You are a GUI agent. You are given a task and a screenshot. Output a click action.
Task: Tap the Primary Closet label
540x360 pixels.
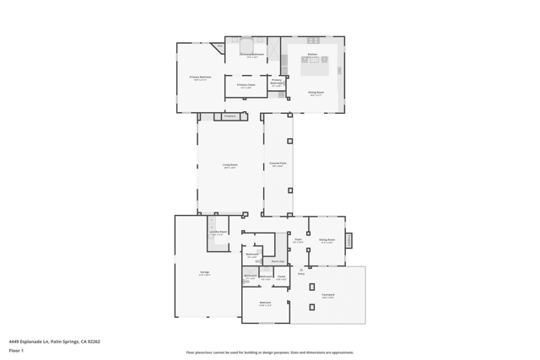pos(246,84)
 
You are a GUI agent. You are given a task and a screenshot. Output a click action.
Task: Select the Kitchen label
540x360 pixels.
pos(313,55)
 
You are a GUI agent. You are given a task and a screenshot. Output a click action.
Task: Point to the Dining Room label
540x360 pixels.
pos(316,93)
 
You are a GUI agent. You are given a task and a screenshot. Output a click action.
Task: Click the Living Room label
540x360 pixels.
pos(229,165)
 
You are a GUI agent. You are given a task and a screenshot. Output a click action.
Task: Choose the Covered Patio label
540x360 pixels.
pos(278,164)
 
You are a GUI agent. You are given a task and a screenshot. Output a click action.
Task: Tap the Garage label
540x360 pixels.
pos(204,272)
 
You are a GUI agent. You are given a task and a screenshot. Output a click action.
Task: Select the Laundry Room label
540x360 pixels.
pos(218,233)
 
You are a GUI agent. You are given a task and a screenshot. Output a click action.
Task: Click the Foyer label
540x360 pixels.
pos(298,240)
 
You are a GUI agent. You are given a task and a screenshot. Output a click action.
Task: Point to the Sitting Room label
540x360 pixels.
pos(327,240)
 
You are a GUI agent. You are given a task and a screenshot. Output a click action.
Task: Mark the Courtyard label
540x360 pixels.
pos(327,295)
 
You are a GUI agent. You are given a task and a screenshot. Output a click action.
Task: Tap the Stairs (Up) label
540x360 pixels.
pos(277,261)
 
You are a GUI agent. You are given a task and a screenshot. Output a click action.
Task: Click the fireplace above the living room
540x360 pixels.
pos(229,116)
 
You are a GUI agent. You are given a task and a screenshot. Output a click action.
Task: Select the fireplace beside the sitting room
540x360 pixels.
pos(348,240)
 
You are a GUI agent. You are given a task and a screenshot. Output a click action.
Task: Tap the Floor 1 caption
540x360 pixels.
pos(17,350)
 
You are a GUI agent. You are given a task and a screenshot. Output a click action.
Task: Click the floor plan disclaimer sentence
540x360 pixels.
pos(270,352)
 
